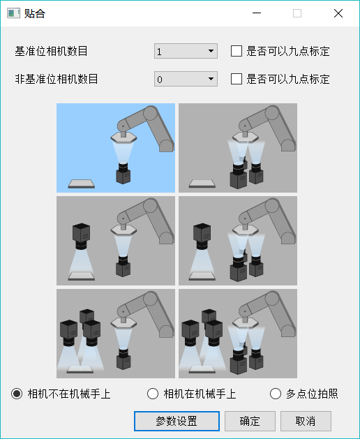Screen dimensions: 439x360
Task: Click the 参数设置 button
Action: click(x=176, y=422)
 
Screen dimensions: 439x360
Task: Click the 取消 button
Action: click(x=306, y=422)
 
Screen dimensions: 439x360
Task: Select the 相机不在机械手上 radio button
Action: click(x=17, y=394)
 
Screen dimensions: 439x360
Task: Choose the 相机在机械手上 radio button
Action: click(x=153, y=394)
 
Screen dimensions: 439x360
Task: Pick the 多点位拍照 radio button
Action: click(x=276, y=394)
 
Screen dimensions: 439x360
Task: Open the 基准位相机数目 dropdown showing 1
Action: click(x=186, y=51)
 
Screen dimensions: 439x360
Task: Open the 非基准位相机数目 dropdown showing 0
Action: click(x=186, y=79)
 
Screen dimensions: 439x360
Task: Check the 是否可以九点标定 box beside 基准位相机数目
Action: click(x=237, y=51)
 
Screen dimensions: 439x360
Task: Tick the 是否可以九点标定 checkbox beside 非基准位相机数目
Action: click(x=237, y=79)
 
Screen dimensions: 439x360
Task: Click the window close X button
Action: click(x=338, y=13)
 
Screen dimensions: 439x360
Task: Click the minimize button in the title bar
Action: click(x=257, y=13)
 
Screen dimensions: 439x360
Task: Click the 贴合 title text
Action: click(x=35, y=13)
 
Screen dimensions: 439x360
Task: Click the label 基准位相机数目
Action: click(x=57, y=51)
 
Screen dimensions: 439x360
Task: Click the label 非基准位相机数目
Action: click(x=57, y=79)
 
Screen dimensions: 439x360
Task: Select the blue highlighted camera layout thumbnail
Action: click(x=116, y=148)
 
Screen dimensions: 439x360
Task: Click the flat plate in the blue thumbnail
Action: click(x=81, y=184)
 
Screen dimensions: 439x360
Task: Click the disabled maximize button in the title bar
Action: click(x=297, y=13)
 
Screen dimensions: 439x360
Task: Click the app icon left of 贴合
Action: click(x=13, y=13)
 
